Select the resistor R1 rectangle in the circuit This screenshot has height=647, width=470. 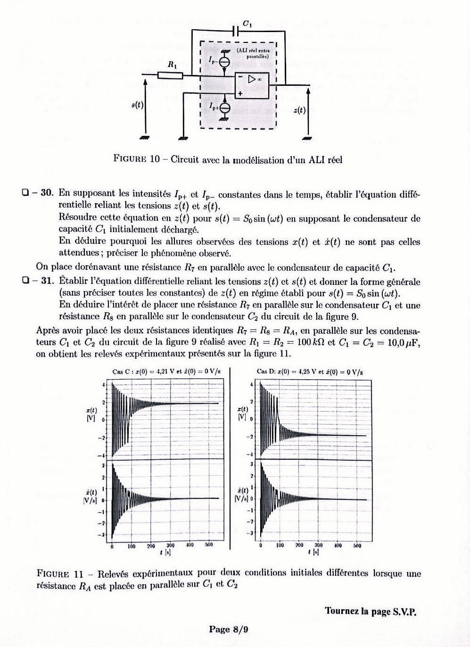click(x=170, y=75)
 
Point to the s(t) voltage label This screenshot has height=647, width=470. click(x=137, y=105)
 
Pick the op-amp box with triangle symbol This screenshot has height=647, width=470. click(x=252, y=85)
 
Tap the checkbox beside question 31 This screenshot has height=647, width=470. click(x=25, y=280)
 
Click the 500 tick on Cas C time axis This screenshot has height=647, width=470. click(x=208, y=545)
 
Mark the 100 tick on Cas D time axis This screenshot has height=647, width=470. click(x=280, y=545)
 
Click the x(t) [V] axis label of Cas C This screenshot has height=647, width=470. click(x=91, y=415)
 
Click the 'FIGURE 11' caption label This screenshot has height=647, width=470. click(x=60, y=574)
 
